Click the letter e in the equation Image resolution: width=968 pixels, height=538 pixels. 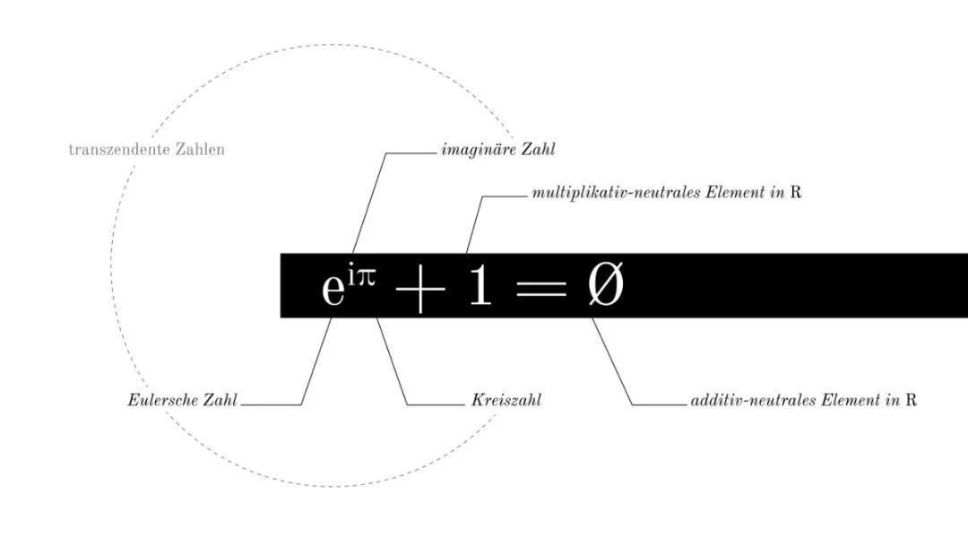pyautogui.click(x=333, y=289)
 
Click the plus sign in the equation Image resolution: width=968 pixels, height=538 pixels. pyautogui.click(x=419, y=289)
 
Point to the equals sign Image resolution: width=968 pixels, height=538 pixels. pyautogui.click(x=540, y=288)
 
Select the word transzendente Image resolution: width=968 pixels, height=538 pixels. pyautogui.click(x=120, y=150)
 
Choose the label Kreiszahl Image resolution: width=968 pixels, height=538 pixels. pyautogui.click(x=506, y=400)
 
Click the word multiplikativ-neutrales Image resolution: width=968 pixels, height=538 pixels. pyautogui.click(x=616, y=193)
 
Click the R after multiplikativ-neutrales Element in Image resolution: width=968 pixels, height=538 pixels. pyautogui.click(x=796, y=193)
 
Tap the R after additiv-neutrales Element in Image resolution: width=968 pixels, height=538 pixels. pyautogui.click(x=912, y=400)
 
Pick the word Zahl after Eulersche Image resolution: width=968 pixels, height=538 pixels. pyautogui.click(x=220, y=400)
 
